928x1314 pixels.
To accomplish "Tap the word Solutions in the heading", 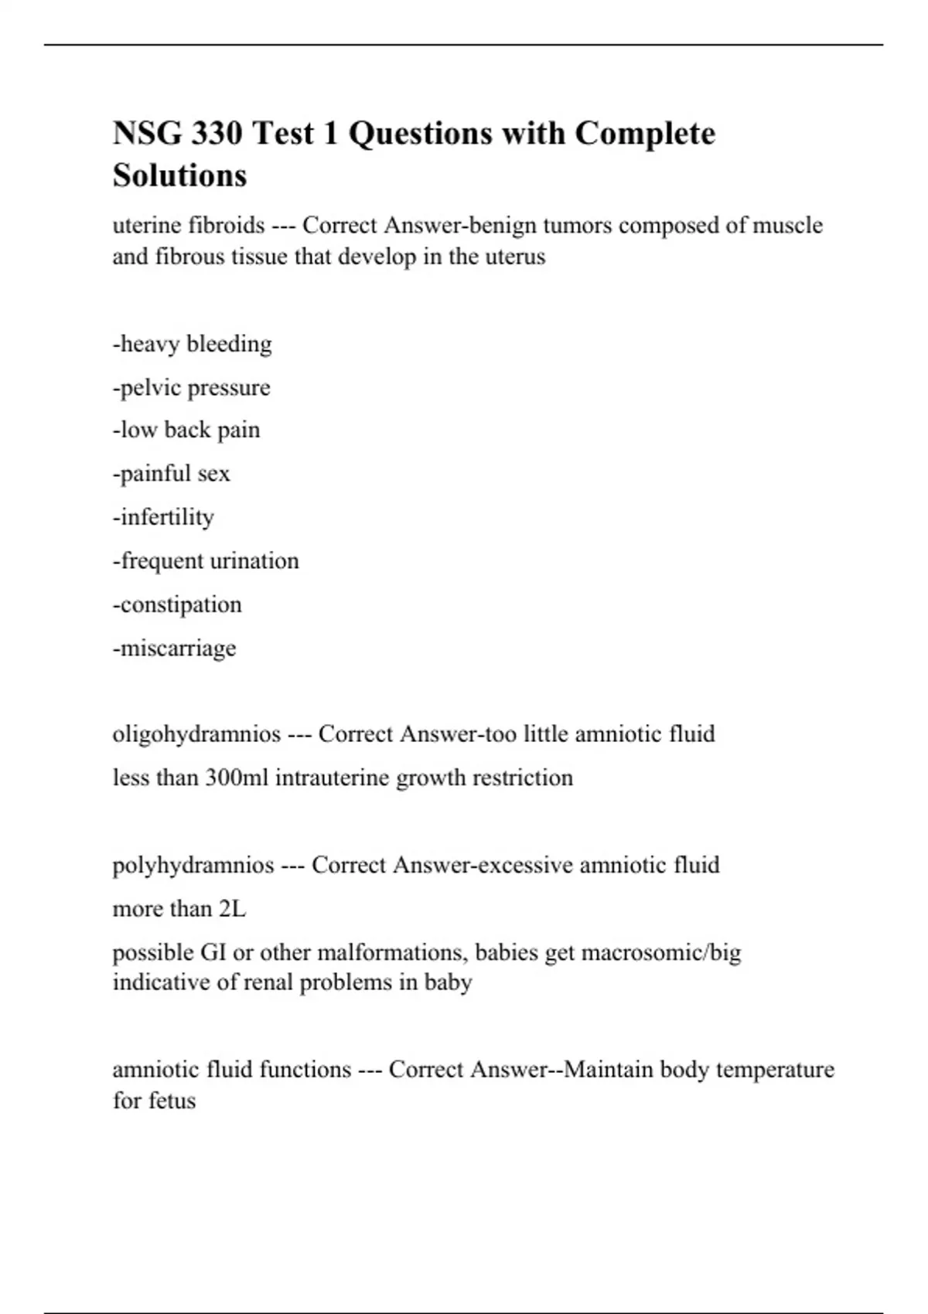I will pyautogui.click(x=179, y=175).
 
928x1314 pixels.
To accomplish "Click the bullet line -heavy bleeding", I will pyautogui.click(x=193, y=344).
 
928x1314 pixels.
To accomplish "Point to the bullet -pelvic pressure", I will pyautogui.click(x=192, y=387).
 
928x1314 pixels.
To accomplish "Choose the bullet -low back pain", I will pyautogui.click(x=186, y=430).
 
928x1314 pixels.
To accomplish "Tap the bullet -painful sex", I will pyautogui.click(x=172, y=473).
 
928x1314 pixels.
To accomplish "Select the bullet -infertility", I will pyautogui.click(x=164, y=516).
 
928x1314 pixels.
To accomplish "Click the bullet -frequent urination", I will pyautogui.click(x=206, y=560).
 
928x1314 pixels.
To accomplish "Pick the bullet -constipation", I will pyautogui.click(x=177, y=604).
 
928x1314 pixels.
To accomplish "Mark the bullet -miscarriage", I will pyautogui.click(x=175, y=648).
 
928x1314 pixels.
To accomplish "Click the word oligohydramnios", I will pyautogui.click(x=196, y=734).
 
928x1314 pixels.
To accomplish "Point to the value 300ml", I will pyautogui.click(x=237, y=778).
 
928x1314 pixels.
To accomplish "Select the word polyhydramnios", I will pyautogui.click(x=193, y=865).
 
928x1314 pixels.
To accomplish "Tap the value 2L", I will pyautogui.click(x=232, y=909).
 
